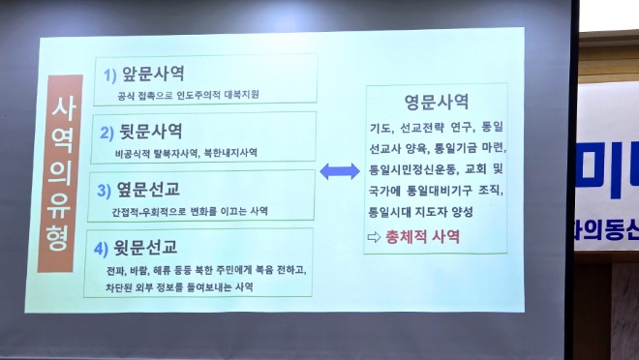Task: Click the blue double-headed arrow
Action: click(x=339, y=171)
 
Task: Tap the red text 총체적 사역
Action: click(x=424, y=236)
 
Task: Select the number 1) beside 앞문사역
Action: click(x=110, y=75)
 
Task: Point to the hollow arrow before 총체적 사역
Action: click(x=375, y=236)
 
